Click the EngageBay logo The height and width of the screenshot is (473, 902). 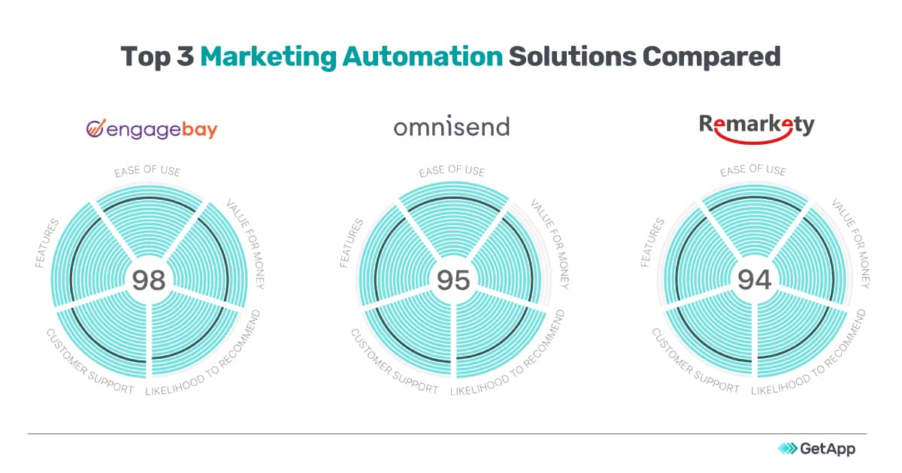click(x=152, y=129)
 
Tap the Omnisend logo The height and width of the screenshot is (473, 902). click(x=452, y=126)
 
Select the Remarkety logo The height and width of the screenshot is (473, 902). click(x=757, y=128)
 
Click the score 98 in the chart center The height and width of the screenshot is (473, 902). click(x=149, y=280)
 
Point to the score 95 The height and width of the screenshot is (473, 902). click(x=453, y=280)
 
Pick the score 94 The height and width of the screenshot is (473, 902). click(x=754, y=279)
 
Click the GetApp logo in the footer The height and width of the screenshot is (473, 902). click(x=816, y=448)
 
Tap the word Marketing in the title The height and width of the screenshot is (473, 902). click(x=268, y=57)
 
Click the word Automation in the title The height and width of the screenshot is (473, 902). click(x=422, y=56)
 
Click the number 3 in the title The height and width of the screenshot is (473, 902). click(x=185, y=56)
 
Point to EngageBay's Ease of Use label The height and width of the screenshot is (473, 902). click(x=147, y=171)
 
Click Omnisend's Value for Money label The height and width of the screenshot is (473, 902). click(x=550, y=244)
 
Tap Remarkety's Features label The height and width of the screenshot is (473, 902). click(x=652, y=243)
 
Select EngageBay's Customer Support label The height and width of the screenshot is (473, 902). click(x=89, y=362)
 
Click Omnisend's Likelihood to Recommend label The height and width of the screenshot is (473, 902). click(x=508, y=353)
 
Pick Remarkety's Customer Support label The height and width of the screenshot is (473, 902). click(x=695, y=361)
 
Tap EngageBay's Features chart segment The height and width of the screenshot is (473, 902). click(x=89, y=255)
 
